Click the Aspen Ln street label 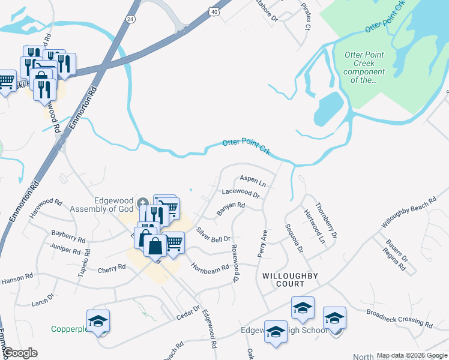coord(252,179)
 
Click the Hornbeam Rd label coord(210,267)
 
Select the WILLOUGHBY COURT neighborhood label coord(289,280)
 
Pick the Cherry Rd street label coord(111,269)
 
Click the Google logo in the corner coord(19,353)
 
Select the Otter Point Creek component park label coord(364,67)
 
